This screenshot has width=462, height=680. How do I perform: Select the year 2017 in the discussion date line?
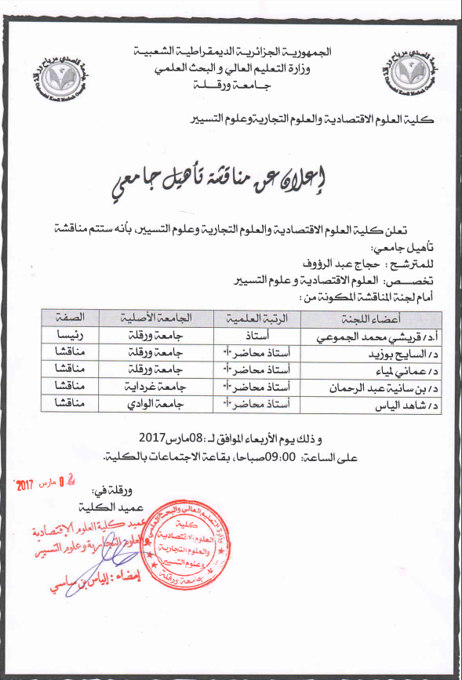point(154,438)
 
